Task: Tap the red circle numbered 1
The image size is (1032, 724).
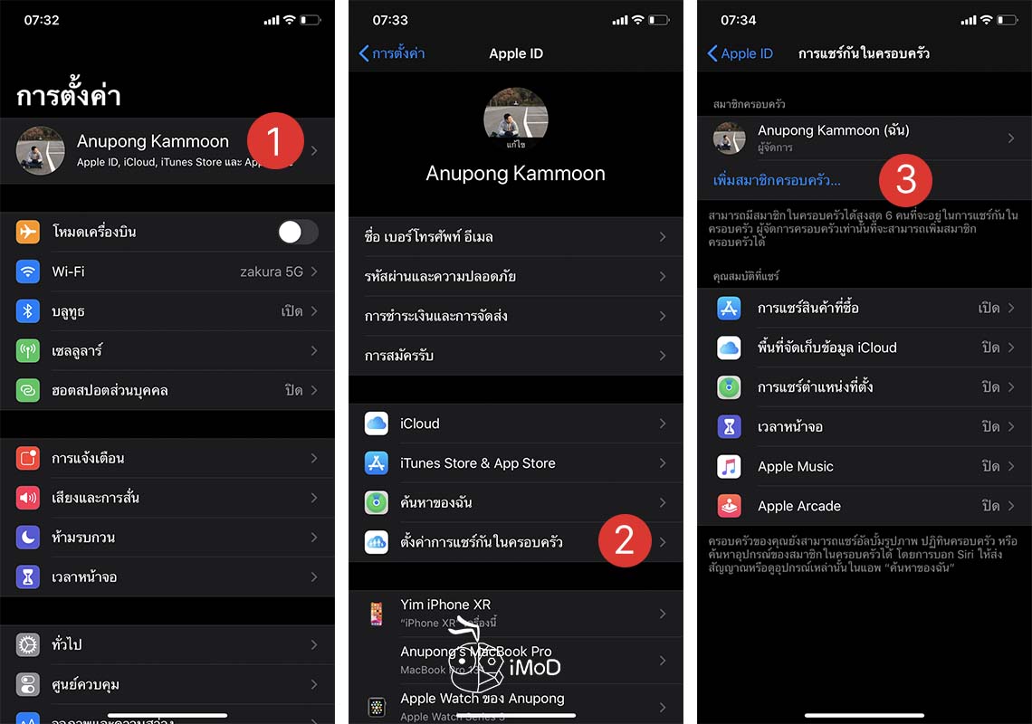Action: pyautogui.click(x=275, y=142)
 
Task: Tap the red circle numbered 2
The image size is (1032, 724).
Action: pyautogui.click(x=624, y=540)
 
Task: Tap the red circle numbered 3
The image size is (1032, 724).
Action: pyautogui.click(x=905, y=179)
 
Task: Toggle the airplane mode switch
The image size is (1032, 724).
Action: pyautogui.click(x=298, y=232)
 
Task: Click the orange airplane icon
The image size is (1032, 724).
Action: pyautogui.click(x=28, y=232)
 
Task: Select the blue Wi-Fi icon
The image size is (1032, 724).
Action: pyautogui.click(x=28, y=271)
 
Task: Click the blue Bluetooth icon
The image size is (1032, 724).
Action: pyautogui.click(x=28, y=311)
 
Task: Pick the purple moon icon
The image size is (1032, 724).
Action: pyautogui.click(x=28, y=538)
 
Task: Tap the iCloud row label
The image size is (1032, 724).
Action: pyautogui.click(x=420, y=424)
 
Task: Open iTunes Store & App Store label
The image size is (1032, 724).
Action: pyautogui.click(x=478, y=463)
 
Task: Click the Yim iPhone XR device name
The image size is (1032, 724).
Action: pyautogui.click(x=445, y=605)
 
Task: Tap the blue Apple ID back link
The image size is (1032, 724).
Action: pyautogui.click(x=741, y=53)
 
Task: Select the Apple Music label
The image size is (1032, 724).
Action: pyautogui.click(x=795, y=467)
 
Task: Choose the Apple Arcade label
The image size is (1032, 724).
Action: pyautogui.click(x=799, y=507)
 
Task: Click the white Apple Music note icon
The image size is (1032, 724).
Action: pyautogui.click(x=729, y=467)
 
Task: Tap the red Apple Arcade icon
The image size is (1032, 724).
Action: pyautogui.click(x=729, y=507)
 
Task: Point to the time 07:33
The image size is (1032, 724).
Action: pyautogui.click(x=390, y=20)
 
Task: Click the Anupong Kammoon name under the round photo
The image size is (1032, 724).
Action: pyautogui.click(x=515, y=174)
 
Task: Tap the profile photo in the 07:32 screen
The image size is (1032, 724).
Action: pyautogui.click(x=41, y=150)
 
